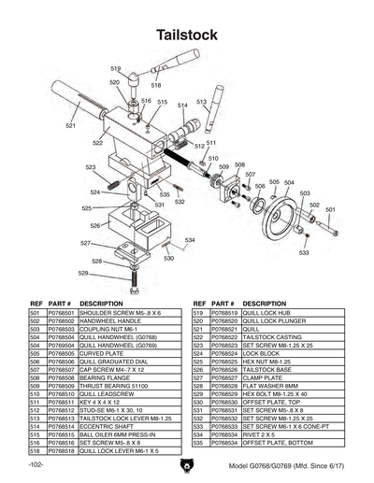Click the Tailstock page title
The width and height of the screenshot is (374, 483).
[187, 36]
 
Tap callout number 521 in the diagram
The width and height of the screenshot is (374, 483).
[71, 124]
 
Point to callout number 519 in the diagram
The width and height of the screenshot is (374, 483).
[116, 69]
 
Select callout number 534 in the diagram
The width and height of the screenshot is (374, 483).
[190, 240]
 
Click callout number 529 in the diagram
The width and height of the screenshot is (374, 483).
[83, 274]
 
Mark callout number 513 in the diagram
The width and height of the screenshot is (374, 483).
[201, 102]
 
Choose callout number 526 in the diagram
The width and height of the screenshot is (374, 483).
[95, 226]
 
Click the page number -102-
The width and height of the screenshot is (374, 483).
[36, 464]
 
